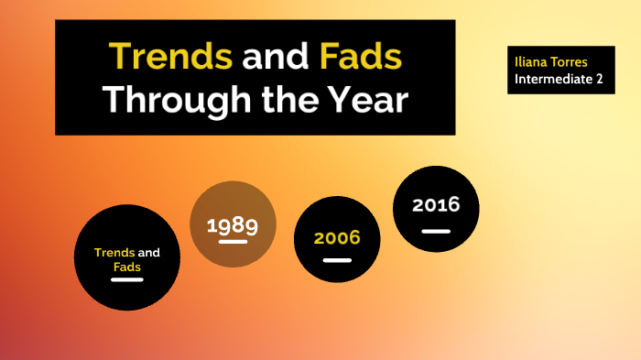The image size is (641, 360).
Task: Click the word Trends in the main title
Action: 170,58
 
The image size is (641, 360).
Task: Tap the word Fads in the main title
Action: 361,58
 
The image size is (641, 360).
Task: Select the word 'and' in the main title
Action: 276,58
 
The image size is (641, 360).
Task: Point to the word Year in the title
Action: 364,99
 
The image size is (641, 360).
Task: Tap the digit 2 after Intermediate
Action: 609,79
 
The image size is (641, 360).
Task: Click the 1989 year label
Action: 233,225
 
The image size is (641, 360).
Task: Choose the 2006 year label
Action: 337,238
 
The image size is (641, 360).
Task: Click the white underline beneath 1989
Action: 233,243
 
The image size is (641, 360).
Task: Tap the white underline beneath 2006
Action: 337,260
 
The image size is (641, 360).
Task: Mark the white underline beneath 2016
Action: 436,231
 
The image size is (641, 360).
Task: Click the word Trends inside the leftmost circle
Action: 114,252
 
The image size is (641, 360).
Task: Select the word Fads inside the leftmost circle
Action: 127,267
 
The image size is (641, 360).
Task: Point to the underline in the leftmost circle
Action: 127,279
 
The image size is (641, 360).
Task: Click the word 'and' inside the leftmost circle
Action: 149,252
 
